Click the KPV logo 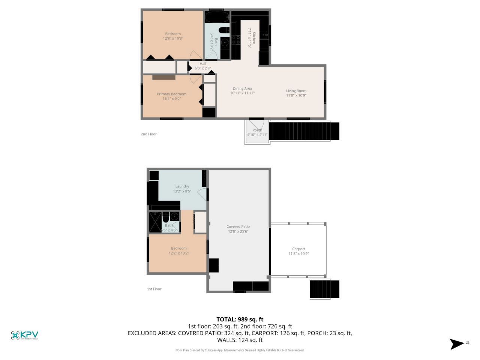pos(25,335)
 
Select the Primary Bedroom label pos(171,94)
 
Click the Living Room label pos(296,91)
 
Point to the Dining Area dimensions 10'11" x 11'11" pos(242,93)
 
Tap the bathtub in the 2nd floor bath pos(217,17)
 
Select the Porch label pos(257,130)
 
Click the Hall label pos(203,64)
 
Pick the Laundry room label pos(182,186)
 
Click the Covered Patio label pos(238,226)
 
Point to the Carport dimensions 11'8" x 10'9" pos(298,253)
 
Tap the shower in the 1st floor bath pos(155,222)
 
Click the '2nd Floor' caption pos(148,134)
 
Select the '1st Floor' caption pos(154,289)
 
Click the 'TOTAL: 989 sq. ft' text pos(240,319)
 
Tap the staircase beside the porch pos(304,131)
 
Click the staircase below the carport pos(324,289)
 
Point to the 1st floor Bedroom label pos(179,248)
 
